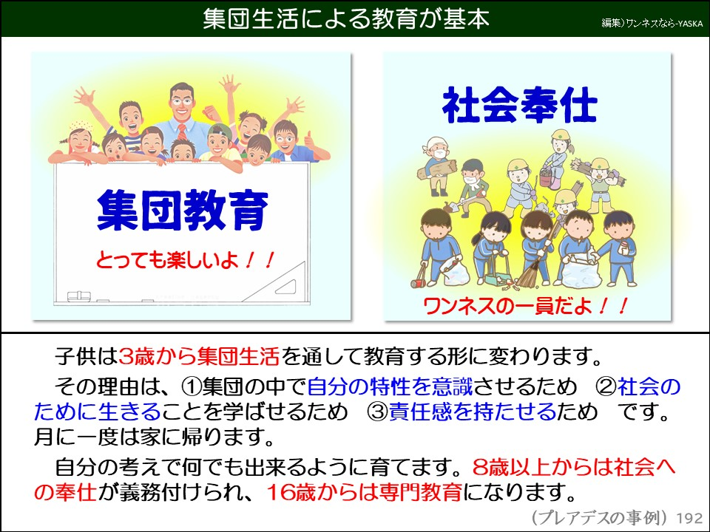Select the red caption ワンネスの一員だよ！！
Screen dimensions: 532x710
pyautogui.click(x=525, y=305)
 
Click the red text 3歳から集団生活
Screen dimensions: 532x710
pyautogui.click(x=199, y=358)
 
